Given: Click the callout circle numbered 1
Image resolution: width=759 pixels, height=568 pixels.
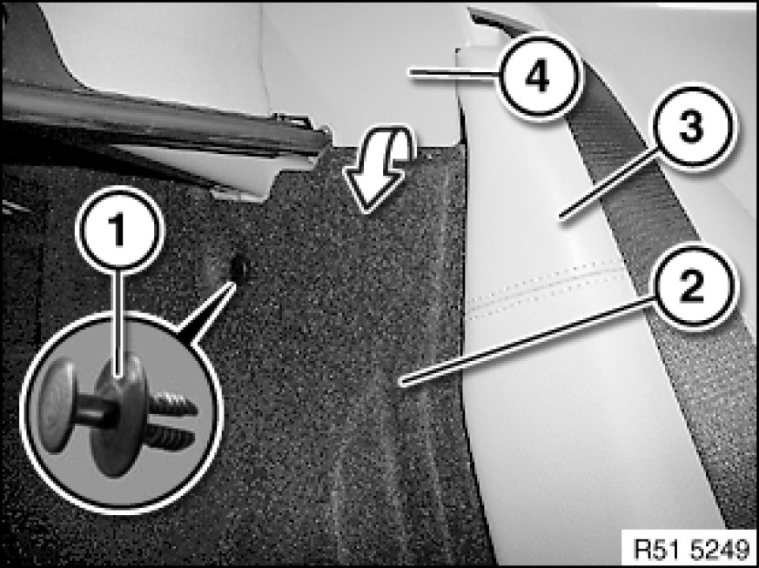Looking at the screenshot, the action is (x=119, y=230).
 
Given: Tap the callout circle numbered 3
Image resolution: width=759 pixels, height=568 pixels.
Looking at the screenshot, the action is (x=693, y=127).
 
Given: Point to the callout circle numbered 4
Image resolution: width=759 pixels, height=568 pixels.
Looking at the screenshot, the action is (x=538, y=76).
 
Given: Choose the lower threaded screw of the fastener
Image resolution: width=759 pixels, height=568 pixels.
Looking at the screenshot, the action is (x=171, y=438).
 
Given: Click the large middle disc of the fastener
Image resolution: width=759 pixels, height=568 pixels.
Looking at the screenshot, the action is (x=118, y=415).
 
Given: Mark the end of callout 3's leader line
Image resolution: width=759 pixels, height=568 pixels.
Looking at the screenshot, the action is (x=561, y=217).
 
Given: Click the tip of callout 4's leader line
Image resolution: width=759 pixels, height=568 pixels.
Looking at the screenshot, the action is (x=409, y=72).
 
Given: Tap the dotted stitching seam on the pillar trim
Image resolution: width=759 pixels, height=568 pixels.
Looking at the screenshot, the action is (x=545, y=289).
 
